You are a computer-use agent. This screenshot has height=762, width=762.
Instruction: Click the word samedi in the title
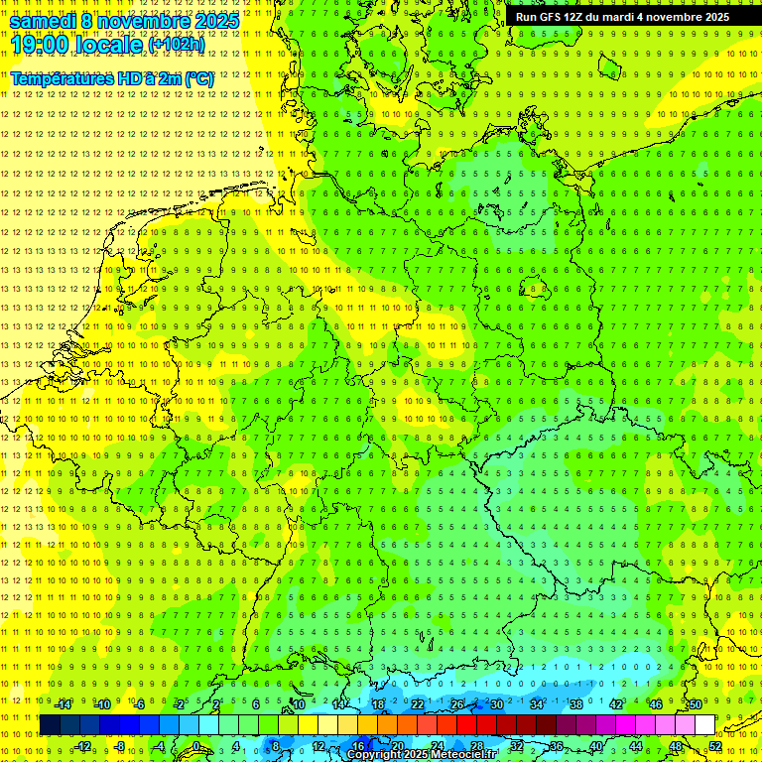(x=44, y=21)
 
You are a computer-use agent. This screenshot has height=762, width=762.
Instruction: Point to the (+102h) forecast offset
(x=177, y=45)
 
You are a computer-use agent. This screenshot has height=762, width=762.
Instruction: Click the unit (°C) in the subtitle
(x=197, y=78)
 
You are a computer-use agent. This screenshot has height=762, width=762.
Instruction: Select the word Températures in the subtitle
(x=63, y=78)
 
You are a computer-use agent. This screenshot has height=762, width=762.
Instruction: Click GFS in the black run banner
(x=549, y=17)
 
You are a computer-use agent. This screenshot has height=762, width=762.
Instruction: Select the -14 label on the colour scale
(x=63, y=704)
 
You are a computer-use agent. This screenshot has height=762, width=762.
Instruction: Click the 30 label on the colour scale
(x=496, y=704)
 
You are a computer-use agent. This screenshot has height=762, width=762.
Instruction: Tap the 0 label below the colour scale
(x=195, y=746)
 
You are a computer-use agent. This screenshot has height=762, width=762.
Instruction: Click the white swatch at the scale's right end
(x=704, y=725)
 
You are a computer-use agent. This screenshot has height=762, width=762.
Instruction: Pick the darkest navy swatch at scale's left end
(x=50, y=725)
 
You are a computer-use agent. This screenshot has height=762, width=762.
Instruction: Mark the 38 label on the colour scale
(x=576, y=704)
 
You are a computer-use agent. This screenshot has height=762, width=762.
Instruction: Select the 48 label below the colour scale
(x=677, y=746)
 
